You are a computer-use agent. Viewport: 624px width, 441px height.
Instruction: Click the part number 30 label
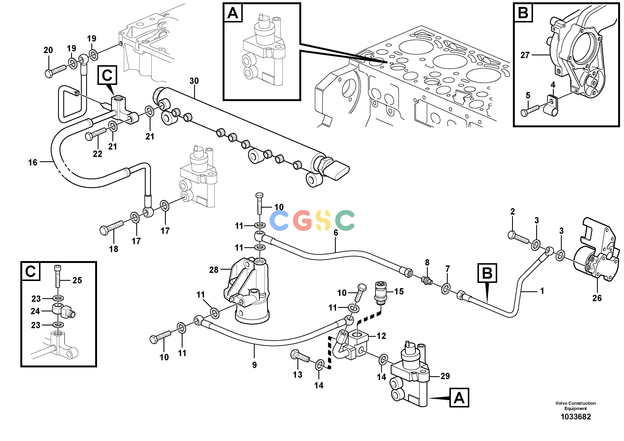194,81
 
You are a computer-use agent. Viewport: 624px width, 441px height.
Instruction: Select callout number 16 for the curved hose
33,162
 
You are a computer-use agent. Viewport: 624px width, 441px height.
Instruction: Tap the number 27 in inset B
525,55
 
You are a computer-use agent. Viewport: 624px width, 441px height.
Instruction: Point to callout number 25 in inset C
77,280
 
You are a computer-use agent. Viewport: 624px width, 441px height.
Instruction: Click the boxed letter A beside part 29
459,398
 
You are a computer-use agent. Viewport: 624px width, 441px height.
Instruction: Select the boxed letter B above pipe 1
487,273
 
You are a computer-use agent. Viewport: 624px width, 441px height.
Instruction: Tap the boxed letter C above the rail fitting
107,75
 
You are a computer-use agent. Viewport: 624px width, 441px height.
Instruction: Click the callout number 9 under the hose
254,365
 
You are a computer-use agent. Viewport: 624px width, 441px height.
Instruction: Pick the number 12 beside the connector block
381,336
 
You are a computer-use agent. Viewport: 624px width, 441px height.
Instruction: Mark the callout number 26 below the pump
597,298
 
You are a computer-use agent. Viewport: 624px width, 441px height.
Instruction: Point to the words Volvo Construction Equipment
576,406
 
